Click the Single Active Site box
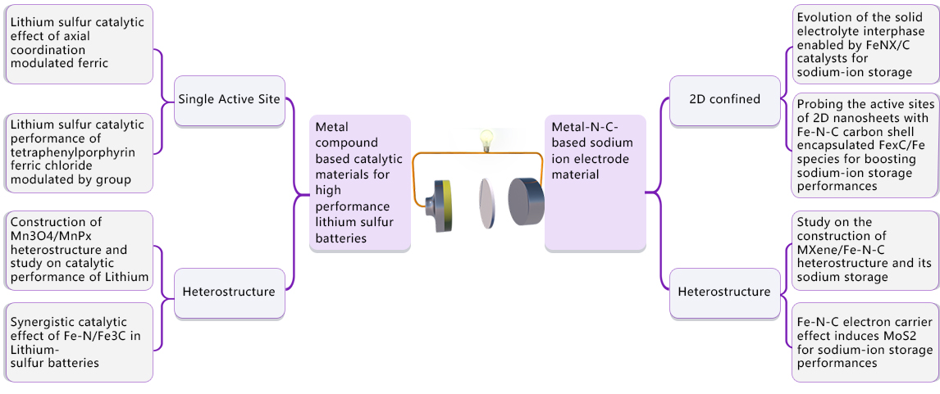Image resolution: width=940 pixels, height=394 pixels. (x=229, y=100)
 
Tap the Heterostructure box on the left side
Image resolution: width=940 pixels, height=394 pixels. (x=229, y=292)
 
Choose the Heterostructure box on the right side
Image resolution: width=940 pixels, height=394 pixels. (x=724, y=292)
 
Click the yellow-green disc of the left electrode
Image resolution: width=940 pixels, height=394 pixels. (x=447, y=205)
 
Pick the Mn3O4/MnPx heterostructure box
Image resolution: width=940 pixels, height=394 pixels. (x=79, y=250)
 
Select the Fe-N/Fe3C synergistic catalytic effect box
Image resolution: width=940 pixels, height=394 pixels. (x=79, y=342)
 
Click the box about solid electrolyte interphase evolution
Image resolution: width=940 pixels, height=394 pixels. (x=865, y=43)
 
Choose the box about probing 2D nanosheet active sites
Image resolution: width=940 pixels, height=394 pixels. (x=865, y=144)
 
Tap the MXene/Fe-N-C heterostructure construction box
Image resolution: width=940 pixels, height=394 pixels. (x=865, y=250)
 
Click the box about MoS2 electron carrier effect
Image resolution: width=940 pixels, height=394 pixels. (x=865, y=342)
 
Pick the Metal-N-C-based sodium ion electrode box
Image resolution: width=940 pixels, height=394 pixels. (x=595, y=183)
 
